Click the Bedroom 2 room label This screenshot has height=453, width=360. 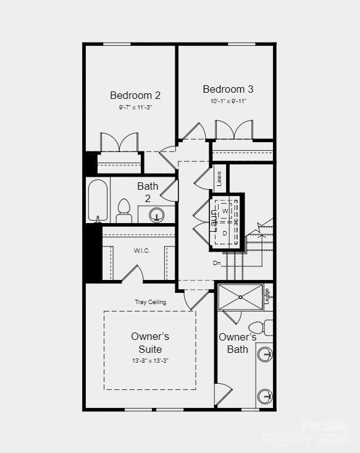click(x=135, y=95)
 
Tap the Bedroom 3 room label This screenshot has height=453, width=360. click(x=228, y=89)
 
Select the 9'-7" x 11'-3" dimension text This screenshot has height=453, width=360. click(x=135, y=107)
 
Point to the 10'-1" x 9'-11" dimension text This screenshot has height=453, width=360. click(x=228, y=101)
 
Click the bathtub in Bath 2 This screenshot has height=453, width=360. click(x=99, y=200)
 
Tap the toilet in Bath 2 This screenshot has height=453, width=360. click(x=124, y=211)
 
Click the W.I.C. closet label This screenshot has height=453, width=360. click(x=142, y=250)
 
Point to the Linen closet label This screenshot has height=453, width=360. click(x=219, y=179)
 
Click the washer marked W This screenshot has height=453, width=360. click(x=225, y=211)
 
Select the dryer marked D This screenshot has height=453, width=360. click(x=225, y=232)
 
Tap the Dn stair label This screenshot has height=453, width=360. click(x=217, y=263)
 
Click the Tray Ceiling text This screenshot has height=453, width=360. click(x=150, y=302)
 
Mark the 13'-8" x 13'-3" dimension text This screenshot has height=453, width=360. click(x=150, y=360)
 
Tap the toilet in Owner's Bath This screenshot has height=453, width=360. click(x=259, y=327)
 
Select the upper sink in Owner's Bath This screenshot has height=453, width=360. click(x=265, y=355)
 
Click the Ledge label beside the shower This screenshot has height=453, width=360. click(x=267, y=295)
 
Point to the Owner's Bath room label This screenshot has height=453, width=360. click(x=238, y=343)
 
